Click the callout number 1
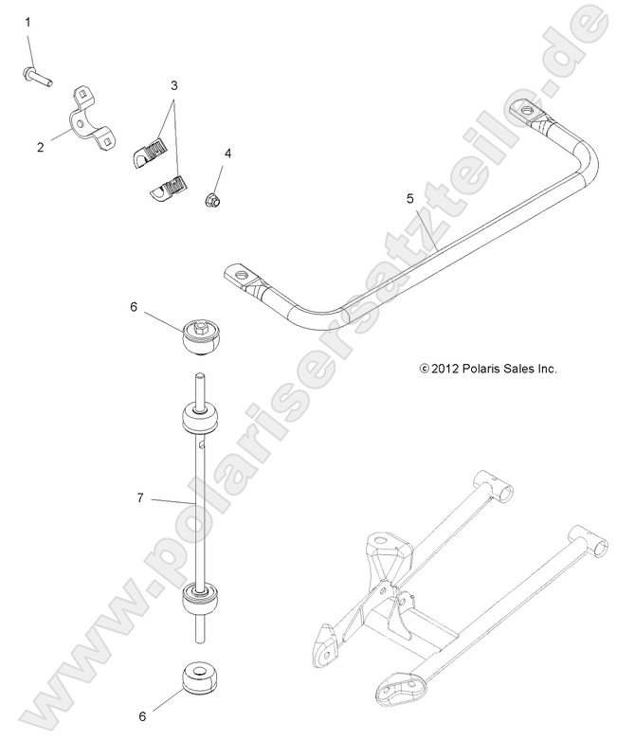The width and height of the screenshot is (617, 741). coord(27,21)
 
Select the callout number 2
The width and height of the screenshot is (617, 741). coord(40,147)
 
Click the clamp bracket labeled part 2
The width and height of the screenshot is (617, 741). coord(92,118)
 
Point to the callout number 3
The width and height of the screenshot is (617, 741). coord(173,85)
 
